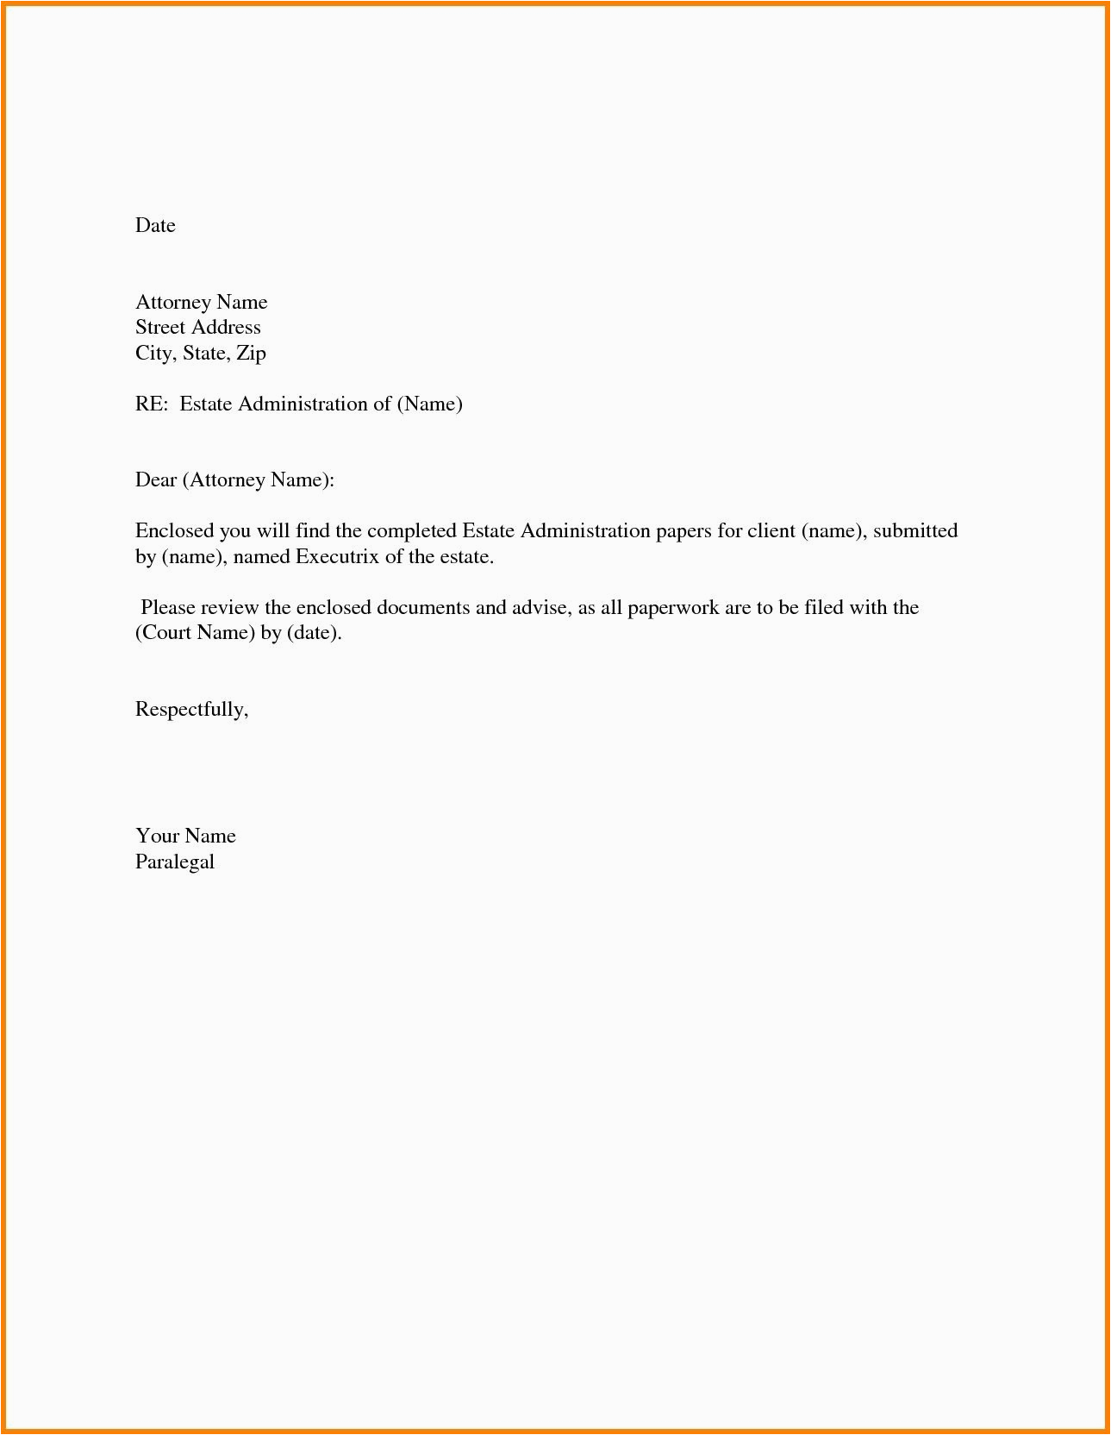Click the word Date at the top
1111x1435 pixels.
click(x=155, y=226)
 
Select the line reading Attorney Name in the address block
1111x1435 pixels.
click(x=201, y=303)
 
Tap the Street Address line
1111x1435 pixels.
click(x=197, y=328)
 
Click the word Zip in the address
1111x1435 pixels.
click(x=251, y=354)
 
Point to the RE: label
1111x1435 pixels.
click(x=151, y=404)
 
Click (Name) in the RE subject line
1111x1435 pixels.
click(x=429, y=404)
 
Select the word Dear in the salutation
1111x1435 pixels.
click(x=156, y=480)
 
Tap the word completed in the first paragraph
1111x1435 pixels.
click(x=411, y=531)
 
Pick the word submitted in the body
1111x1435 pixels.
click(x=914, y=531)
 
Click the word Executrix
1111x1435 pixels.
click(x=337, y=557)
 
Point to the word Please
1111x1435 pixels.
click(x=168, y=608)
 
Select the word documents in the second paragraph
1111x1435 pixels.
click(x=422, y=608)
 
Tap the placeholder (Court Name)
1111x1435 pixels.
click(x=195, y=633)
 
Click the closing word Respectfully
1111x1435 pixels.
click(x=191, y=710)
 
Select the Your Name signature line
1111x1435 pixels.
click(x=185, y=837)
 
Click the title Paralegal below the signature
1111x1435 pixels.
click(x=175, y=862)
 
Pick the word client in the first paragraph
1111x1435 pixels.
click(x=771, y=531)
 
